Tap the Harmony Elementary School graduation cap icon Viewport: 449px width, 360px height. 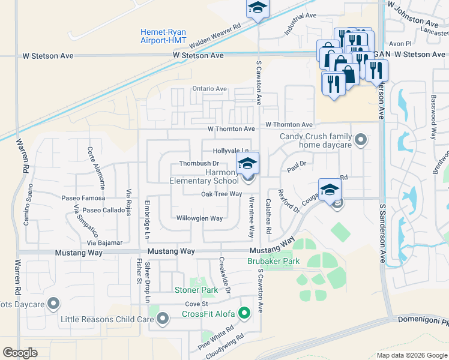coord(247,163)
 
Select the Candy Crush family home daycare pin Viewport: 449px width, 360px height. coord(360,140)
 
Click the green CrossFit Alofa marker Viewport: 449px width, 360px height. coord(244,313)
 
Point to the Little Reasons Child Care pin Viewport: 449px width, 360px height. coord(162,319)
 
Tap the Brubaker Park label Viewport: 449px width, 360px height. coord(273,262)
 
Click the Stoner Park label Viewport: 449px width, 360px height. coord(196,290)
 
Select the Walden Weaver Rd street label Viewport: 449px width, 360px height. coord(214,37)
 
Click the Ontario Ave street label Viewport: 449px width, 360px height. coord(209,89)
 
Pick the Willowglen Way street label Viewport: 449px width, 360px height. coord(199,218)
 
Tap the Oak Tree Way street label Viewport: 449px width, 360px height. coord(221,194)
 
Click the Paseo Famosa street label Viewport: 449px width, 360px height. coord(82,197)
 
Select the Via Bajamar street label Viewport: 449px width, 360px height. coord(104,243)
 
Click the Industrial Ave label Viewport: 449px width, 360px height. coord(300,23)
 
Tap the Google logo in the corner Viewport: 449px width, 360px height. coord(20,352)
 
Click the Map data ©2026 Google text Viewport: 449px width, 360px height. coord(411,355)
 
